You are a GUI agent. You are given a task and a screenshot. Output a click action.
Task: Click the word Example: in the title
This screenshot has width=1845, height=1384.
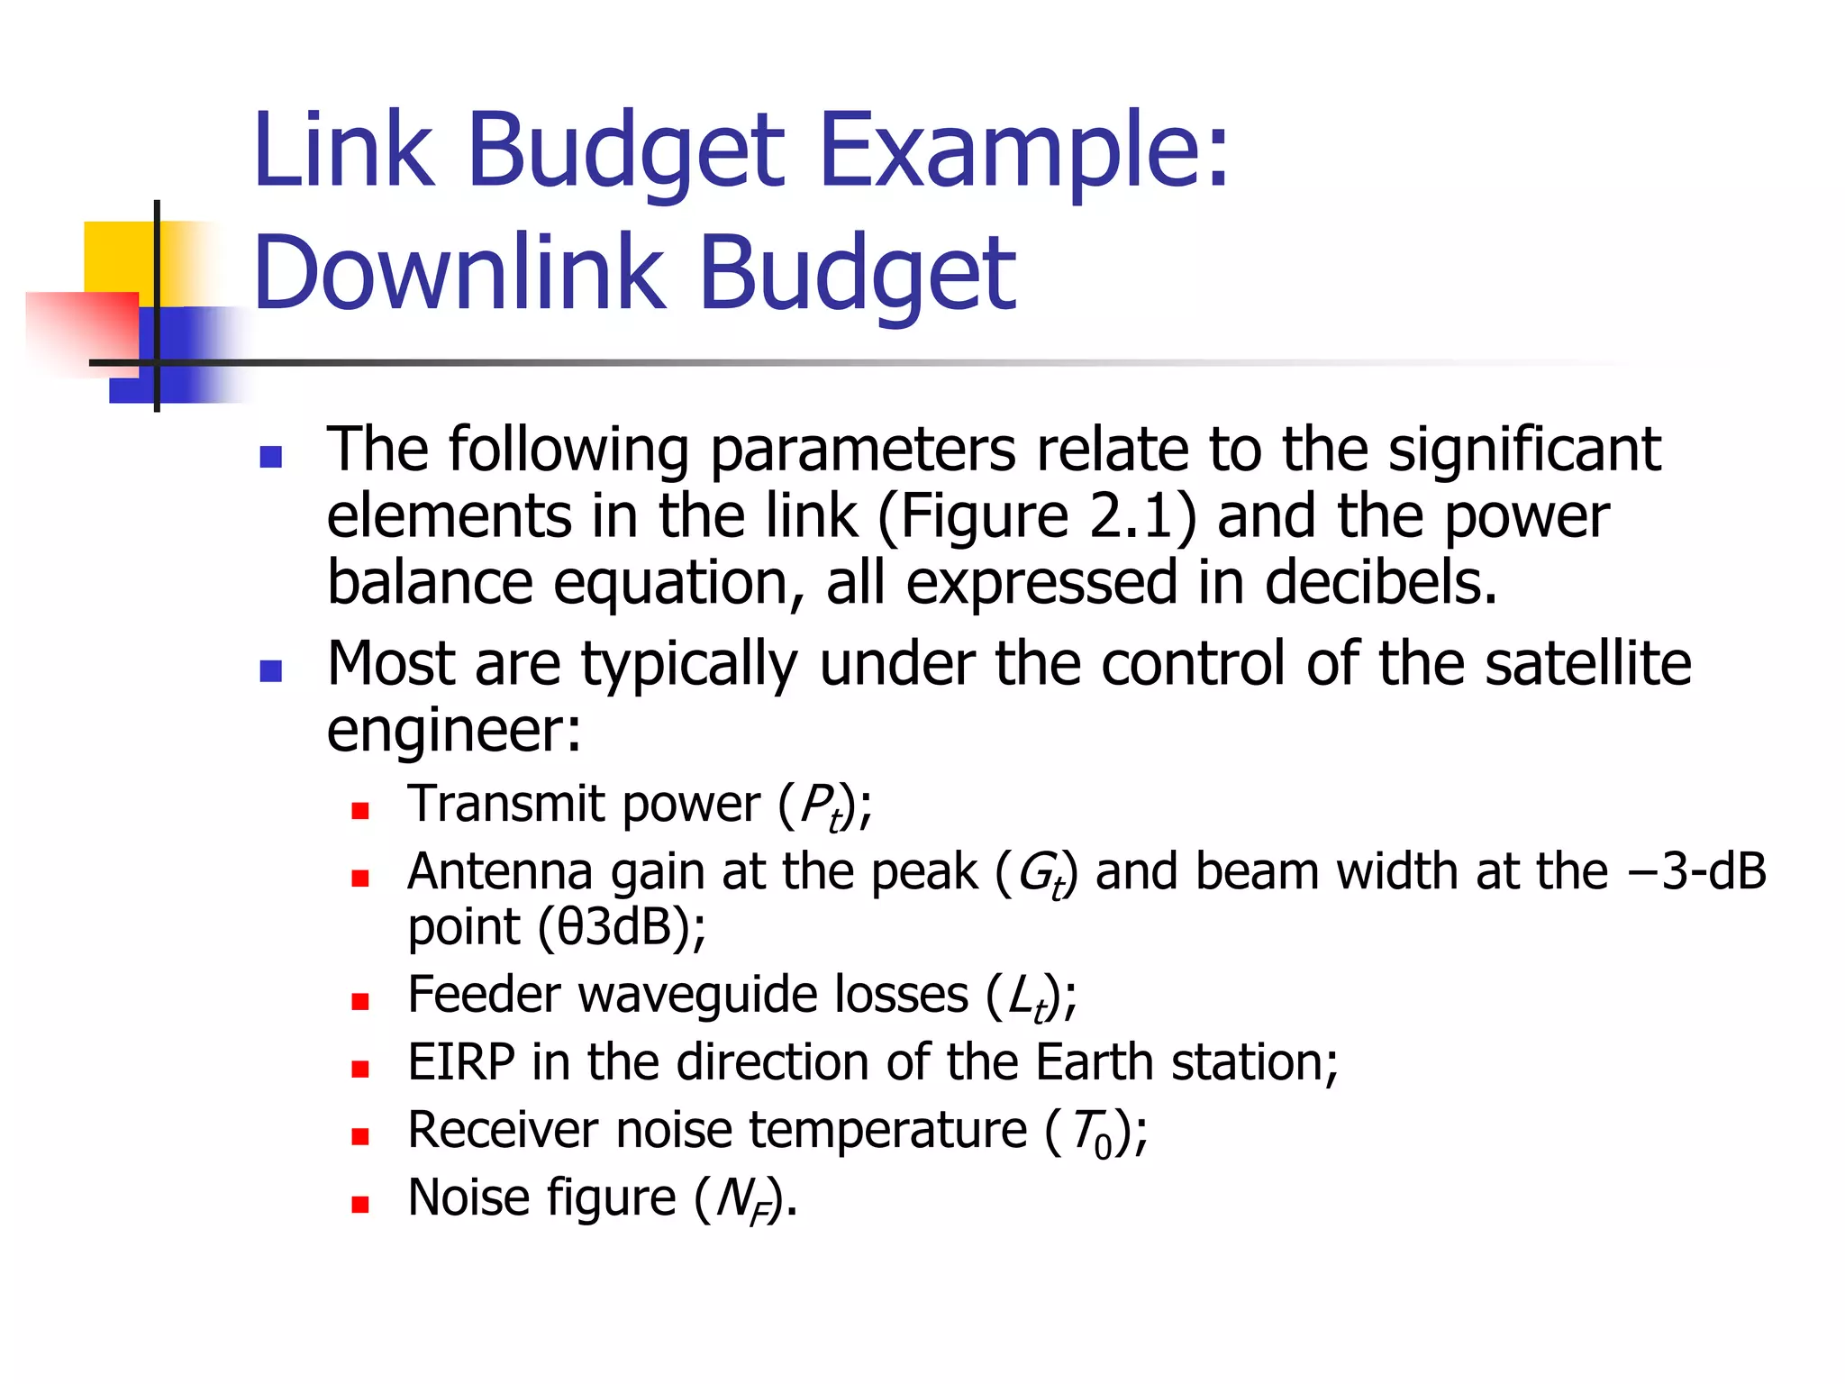tap(1023, 150)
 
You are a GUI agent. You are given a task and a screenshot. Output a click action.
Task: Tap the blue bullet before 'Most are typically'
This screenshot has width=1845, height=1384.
tap(271, 670)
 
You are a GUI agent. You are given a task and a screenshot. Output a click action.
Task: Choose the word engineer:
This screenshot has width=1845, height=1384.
tap(454, 731)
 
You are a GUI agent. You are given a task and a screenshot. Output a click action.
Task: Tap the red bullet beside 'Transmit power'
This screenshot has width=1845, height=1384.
tap(360, 810)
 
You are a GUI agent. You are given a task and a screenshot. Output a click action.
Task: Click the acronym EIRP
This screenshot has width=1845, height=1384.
tap(461, 1063)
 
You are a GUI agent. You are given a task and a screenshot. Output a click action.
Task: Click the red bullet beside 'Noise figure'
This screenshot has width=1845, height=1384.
tap(360, 1205)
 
